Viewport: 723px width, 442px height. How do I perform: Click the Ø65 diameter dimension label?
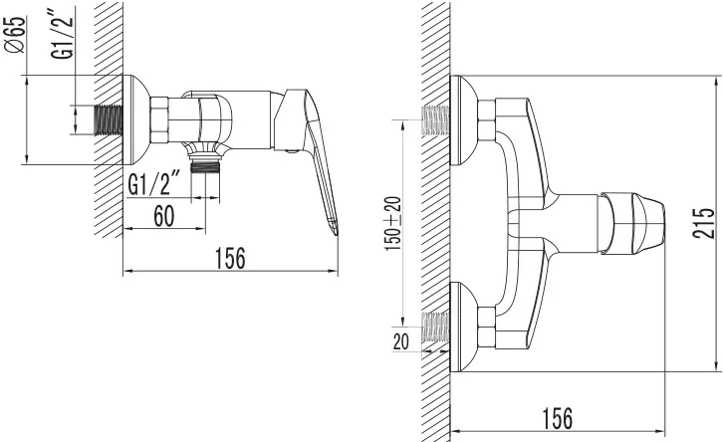click(x=16, y=36)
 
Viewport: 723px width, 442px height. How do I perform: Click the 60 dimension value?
click(x=164, y=216)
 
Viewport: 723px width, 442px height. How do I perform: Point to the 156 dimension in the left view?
click(x=231, y=259)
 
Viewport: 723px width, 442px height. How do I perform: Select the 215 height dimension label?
click(x=703, y=223)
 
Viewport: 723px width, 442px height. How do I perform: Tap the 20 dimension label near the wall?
click(x=400, y=341)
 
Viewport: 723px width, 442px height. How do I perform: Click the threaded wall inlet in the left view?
click(x=109, y=119)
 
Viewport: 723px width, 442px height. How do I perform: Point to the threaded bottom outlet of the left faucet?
click(x=205, y=165)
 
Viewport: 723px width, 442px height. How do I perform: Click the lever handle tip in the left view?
click(x=334, y=229)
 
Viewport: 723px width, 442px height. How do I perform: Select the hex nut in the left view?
click(x=159, y=119)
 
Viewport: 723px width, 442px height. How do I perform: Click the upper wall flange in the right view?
click(x=464, y=119)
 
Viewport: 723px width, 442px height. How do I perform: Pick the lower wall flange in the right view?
click(x=464, y=327)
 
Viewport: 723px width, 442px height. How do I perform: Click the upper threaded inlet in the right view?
click(x=436, y=119)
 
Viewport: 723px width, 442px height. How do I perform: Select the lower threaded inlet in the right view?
click(x=436, y=327)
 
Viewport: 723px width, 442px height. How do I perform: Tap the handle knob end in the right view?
click(x=648, y=224)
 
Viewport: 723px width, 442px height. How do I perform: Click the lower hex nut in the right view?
click(x=486, y=327)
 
